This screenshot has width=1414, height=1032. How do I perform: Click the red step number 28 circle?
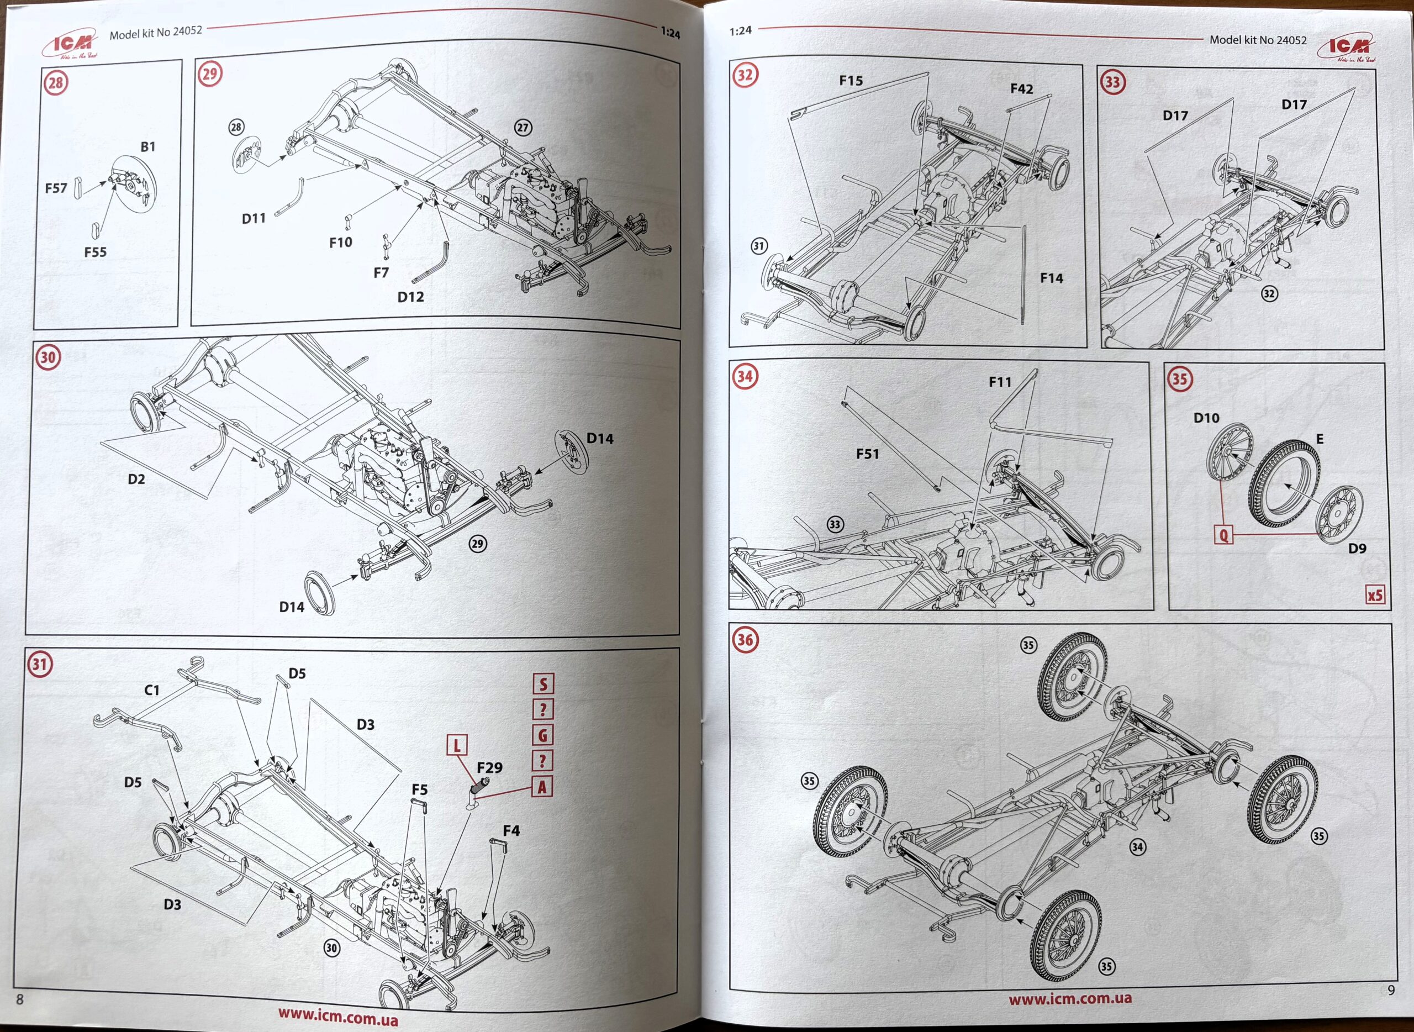(x=56, y=82)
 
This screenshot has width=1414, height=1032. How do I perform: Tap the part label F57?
(x=56, y=188)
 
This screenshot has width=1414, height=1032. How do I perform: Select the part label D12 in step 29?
(x=410, y=297)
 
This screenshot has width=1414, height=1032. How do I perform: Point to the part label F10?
(x=340, y=243)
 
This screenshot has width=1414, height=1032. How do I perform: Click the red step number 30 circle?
(x=48, y=357)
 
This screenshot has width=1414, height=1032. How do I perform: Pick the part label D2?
(x=136, y=479)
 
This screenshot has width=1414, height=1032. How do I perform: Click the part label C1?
(x=152, y=690)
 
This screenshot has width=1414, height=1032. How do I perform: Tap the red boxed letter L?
(x=457, y=745)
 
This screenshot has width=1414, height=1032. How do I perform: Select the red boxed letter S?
(x=543, y=684)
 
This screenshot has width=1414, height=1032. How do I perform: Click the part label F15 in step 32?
(x=851, y=81)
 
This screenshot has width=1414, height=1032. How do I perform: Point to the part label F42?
(x=1022, y=89)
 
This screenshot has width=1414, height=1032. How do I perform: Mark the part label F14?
(x=1051, y=278)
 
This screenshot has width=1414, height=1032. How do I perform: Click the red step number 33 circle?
(x=1112, y=82)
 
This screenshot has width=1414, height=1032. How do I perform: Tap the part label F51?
(x=868, y=454)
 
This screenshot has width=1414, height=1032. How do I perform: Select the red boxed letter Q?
(x=1223, y=535)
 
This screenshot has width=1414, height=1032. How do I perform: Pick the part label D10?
(x=1206, y=418)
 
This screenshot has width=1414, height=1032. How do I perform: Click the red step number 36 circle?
(x=745, y=640)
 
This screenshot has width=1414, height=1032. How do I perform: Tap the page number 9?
(x=1391, y=990)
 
